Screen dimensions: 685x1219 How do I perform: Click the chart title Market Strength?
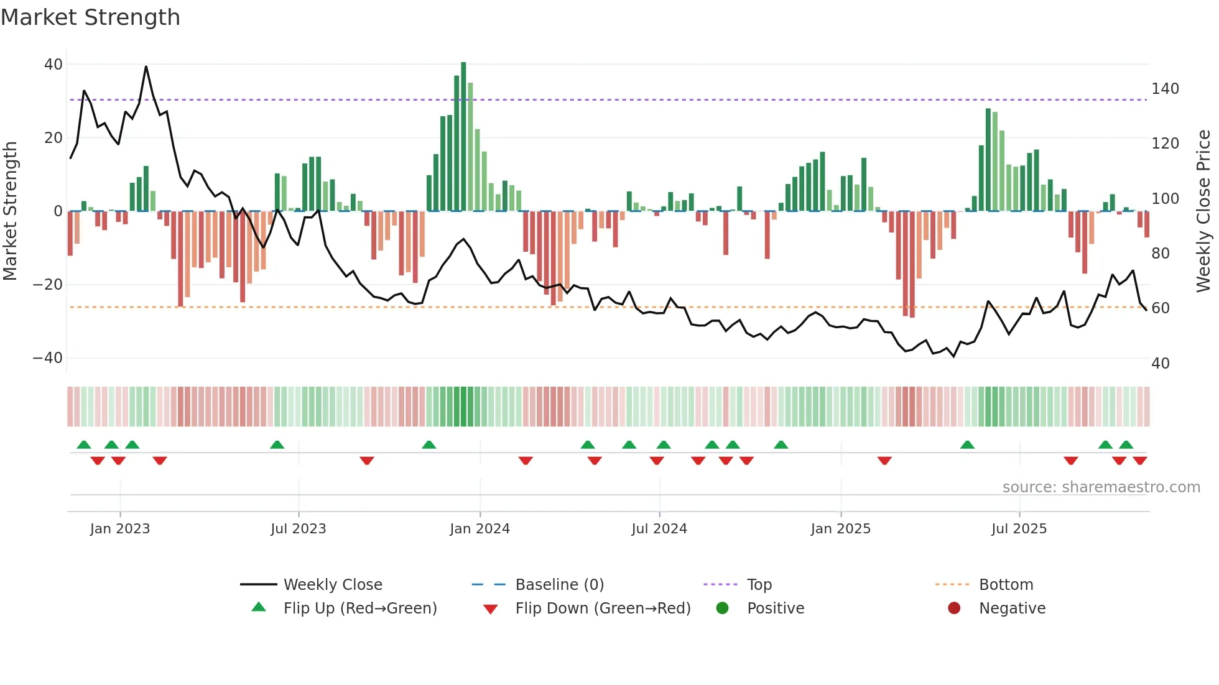click(90, 17)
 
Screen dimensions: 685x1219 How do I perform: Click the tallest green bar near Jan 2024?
click(463, 137)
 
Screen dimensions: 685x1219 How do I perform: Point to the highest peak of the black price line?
click(146, 67)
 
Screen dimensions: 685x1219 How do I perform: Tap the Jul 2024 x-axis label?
click(659, 529)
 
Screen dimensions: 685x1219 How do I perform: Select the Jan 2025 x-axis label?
click(840, 529)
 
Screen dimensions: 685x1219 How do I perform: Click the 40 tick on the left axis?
click(53, 65)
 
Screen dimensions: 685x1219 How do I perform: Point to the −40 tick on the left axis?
click(48, 358)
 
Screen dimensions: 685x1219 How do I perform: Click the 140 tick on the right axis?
click(1165, 89)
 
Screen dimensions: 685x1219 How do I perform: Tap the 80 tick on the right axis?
click(1160, 254)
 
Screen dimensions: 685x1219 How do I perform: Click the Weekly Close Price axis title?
click(1203, 211)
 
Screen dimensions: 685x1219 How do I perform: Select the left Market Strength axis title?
click(11, 211)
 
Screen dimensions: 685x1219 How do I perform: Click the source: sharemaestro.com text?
click(1101, 487)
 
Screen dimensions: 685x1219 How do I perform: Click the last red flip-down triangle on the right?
click(1140, 461)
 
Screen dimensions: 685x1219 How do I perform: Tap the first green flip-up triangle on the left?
click(84, 444)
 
